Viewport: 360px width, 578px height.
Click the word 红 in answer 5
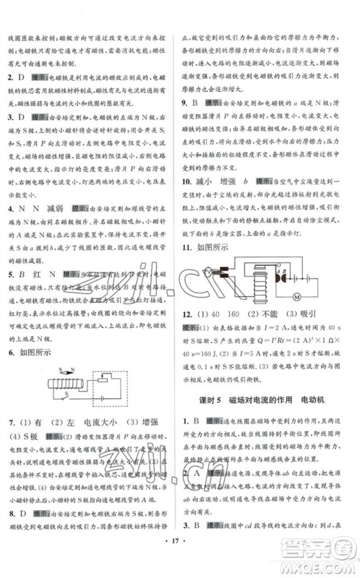pyautogui.click(x=37, y=275)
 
